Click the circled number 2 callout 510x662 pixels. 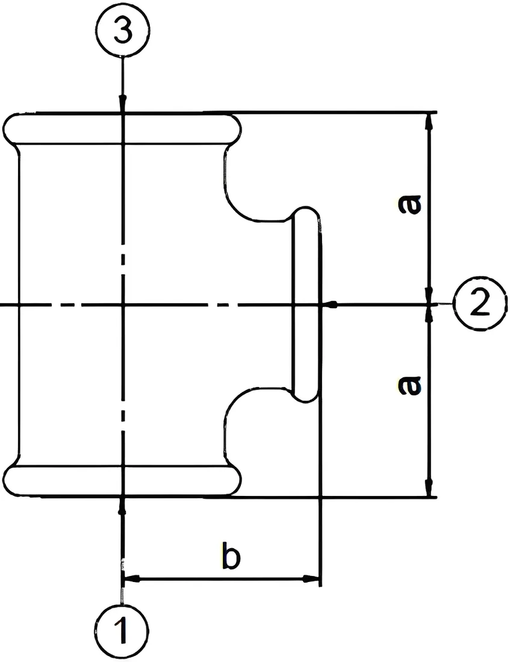coord(479,303)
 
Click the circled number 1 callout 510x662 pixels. coord(122,631)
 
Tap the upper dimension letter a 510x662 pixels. coord(409,205)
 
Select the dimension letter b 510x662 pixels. coord(231,556)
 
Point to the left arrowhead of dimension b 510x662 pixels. coord(131,579)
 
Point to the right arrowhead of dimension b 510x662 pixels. coord(313,579)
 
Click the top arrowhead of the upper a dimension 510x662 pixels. coord(430,121)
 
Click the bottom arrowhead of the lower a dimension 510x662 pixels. coord(430,489)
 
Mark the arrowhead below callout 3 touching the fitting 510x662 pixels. coord(123,105)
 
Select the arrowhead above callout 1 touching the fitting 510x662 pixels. coord(122,506)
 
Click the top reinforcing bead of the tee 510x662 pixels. coord(123,129)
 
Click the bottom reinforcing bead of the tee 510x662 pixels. coord(123,481)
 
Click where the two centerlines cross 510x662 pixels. coord(122,303)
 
